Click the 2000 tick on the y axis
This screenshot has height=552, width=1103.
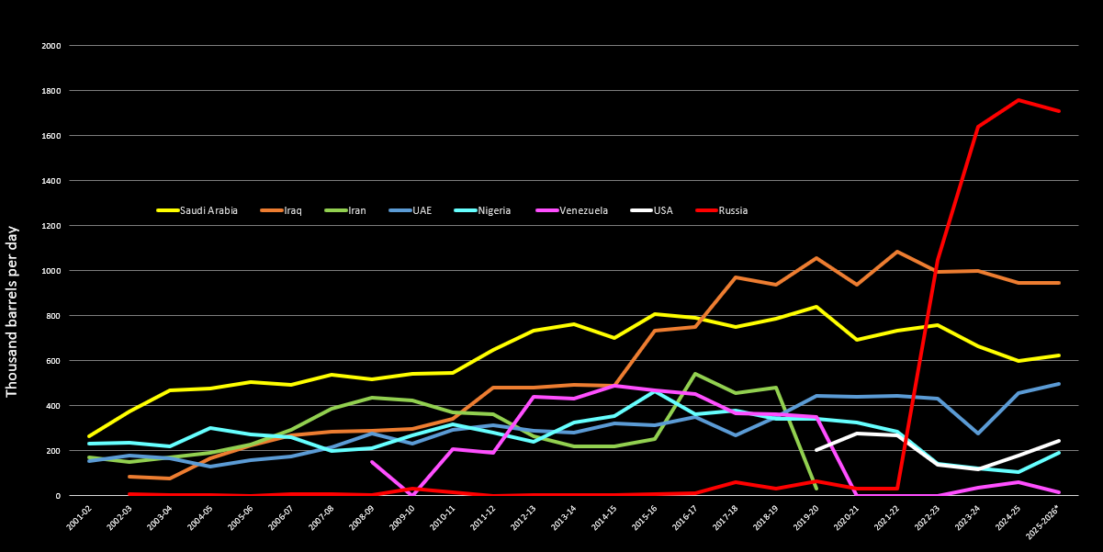click(x=51, y=45)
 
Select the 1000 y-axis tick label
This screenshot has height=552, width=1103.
click(x=51, y=271)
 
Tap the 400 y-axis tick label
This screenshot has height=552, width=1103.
click(x=53, y=406)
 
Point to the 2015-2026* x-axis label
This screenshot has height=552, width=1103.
click(x=1044, y=520)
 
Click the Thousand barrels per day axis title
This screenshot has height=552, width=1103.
click(x=12, y=310)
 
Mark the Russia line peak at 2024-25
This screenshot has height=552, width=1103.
click(x=1019, y=100)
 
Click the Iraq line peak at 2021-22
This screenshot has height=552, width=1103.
click(x=897, y=252)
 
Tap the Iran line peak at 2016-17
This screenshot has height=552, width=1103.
click(x=695, y=374)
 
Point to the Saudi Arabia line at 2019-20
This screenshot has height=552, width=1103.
click(x=816, y=307)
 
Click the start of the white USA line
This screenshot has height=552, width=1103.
click(x=816, y=450)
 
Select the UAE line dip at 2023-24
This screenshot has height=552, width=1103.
click(x=978, y=433)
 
